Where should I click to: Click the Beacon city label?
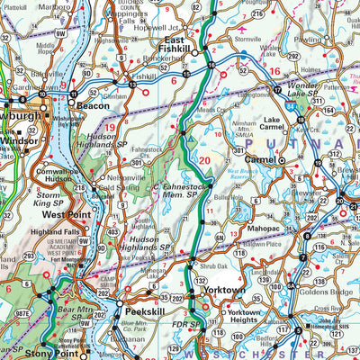pos(93,106)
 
